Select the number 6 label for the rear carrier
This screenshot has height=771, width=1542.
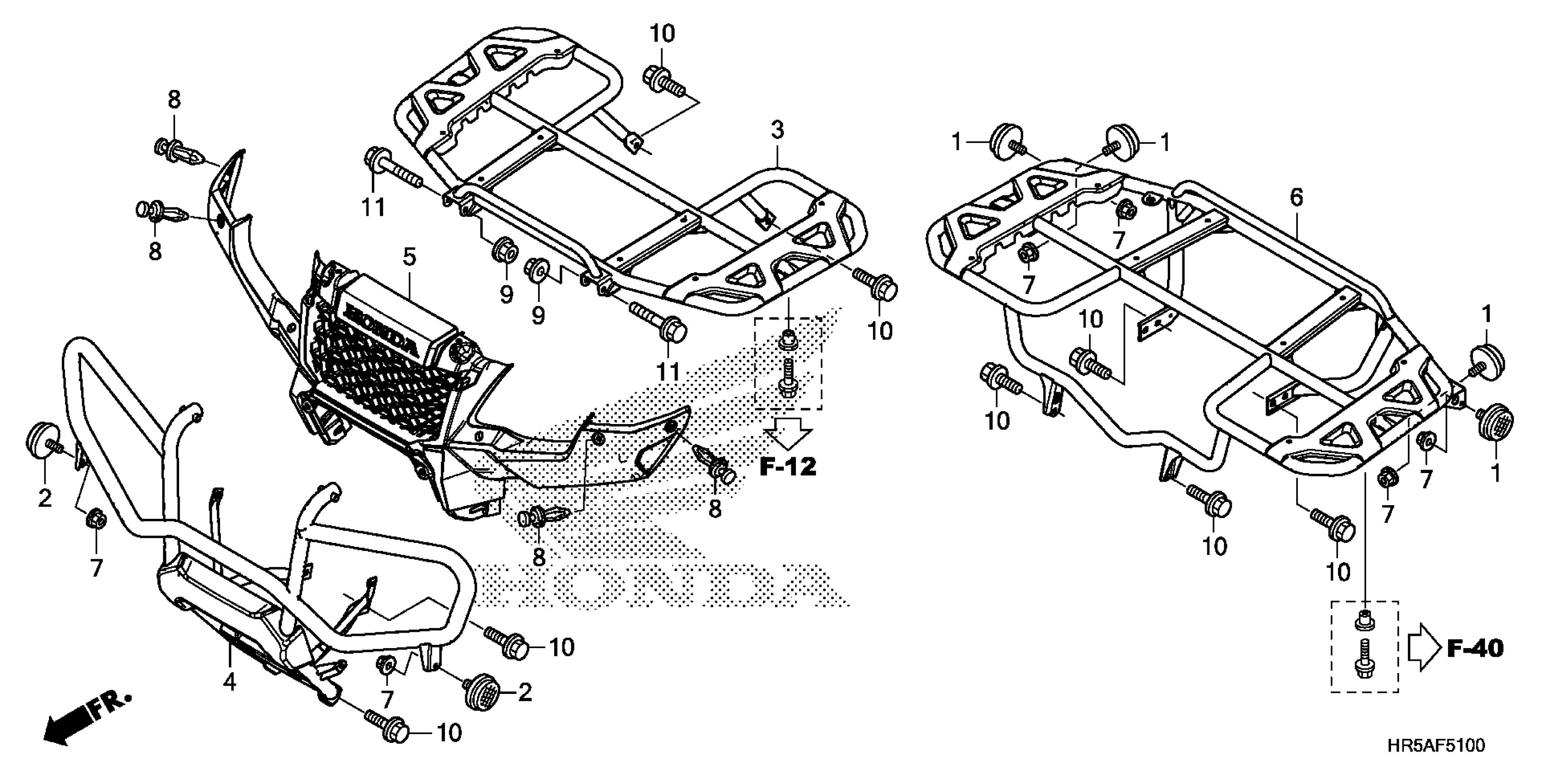click(x=1296, y=198)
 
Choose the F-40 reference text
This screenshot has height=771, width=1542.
click(x=1475, y=648)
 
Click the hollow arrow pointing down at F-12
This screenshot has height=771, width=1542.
click(x=788, y=433)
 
